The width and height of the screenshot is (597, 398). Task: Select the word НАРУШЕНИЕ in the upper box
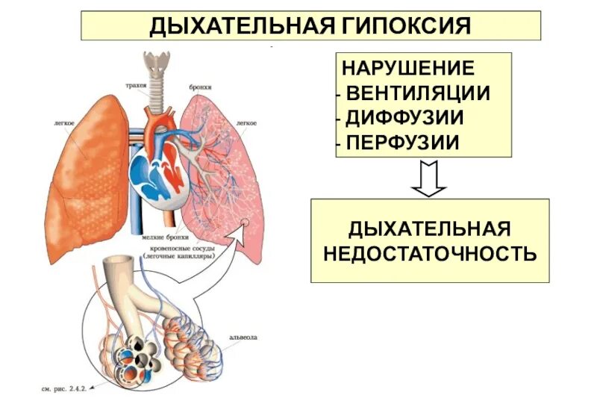(x=407, y=68)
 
